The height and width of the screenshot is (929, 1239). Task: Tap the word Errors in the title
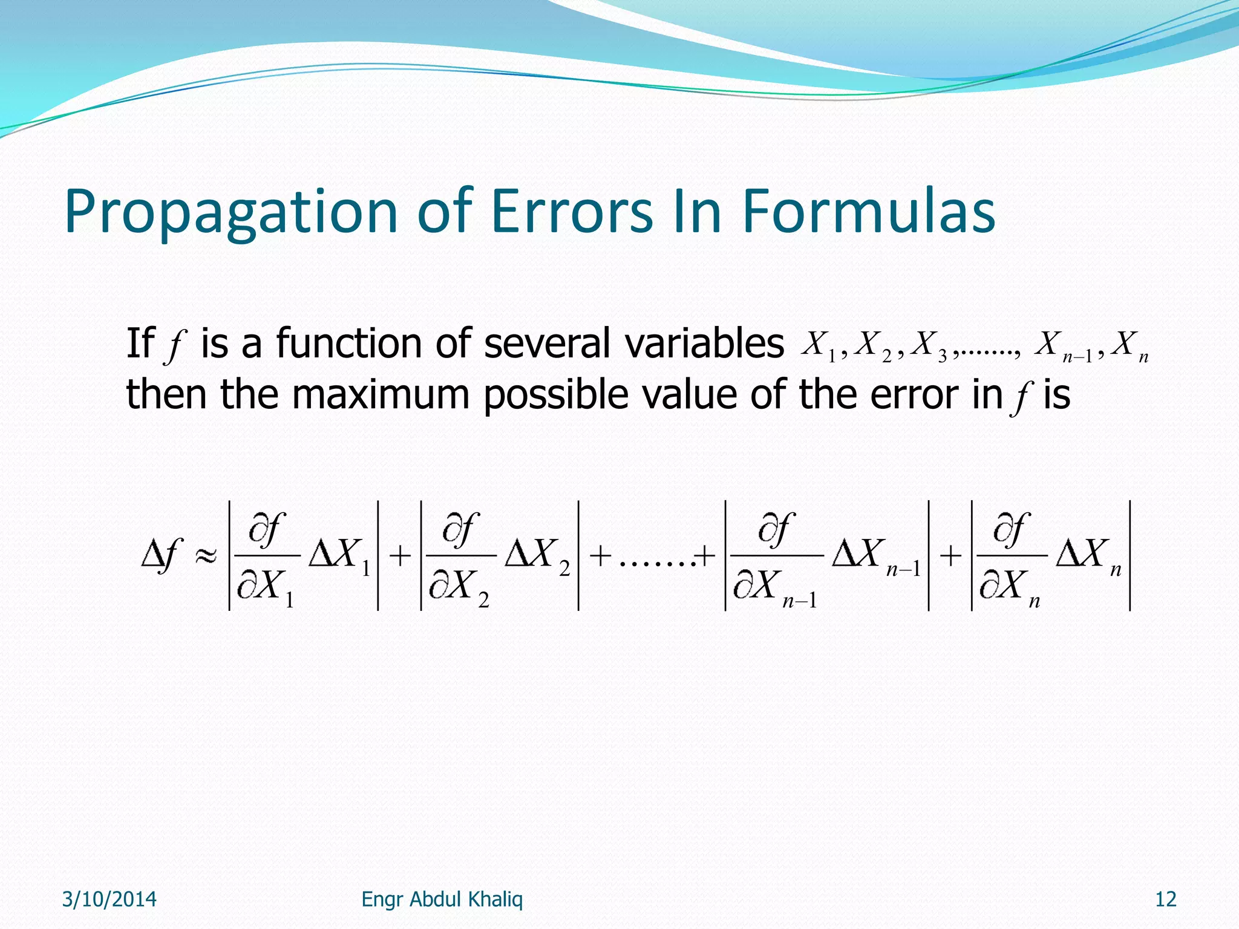(572, 212)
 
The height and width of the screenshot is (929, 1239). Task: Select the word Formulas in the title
(869, 212)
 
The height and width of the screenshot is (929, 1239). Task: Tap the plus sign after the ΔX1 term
(400, 555)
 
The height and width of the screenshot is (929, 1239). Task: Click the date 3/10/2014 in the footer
(110, 899)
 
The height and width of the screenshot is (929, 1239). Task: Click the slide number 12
(1165, 899)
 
